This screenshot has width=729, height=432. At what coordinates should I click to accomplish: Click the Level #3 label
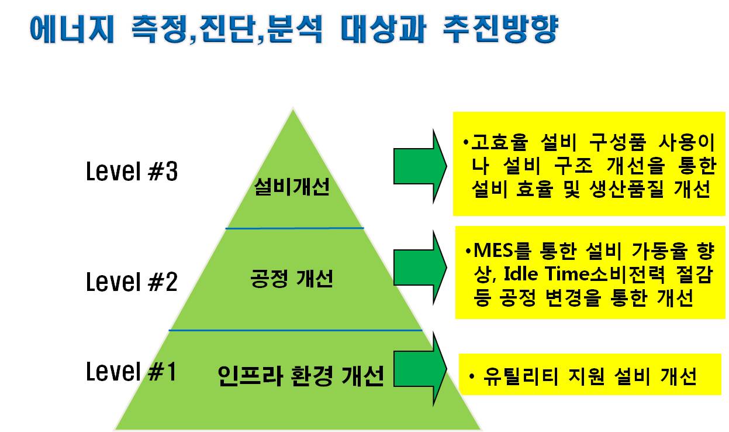click(132, 171)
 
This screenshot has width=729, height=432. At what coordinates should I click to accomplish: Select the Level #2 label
click(132, 282)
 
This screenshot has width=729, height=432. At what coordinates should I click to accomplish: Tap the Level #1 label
click(131, 371)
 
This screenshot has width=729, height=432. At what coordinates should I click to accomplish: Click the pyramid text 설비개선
click(292, 187)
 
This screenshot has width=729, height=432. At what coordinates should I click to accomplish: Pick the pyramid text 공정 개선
click(292, 279)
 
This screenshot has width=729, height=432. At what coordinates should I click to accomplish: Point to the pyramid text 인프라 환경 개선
click(300, 376)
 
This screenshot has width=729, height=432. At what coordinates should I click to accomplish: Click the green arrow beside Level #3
click(420, 166)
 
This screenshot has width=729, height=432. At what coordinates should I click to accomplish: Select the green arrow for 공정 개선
click(420, 268)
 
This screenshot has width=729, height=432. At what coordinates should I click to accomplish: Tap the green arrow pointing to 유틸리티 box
click(420, 369)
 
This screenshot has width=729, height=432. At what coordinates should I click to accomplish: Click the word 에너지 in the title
click(72, 29)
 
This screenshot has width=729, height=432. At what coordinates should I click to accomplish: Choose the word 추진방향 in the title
click(500, 29)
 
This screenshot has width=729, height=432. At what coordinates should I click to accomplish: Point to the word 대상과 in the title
click(383, 29)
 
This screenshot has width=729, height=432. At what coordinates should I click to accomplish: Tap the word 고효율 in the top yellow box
click(499, 142)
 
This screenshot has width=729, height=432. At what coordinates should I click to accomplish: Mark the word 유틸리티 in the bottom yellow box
click(520, 376)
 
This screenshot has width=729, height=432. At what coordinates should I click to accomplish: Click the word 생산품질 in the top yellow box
click(627, 189)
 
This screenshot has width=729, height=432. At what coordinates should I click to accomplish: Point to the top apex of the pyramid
click(293, 109)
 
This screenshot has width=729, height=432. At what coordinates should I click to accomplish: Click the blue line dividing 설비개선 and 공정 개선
click(295, 228)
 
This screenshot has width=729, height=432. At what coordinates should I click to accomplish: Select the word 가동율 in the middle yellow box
click(659, 251)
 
